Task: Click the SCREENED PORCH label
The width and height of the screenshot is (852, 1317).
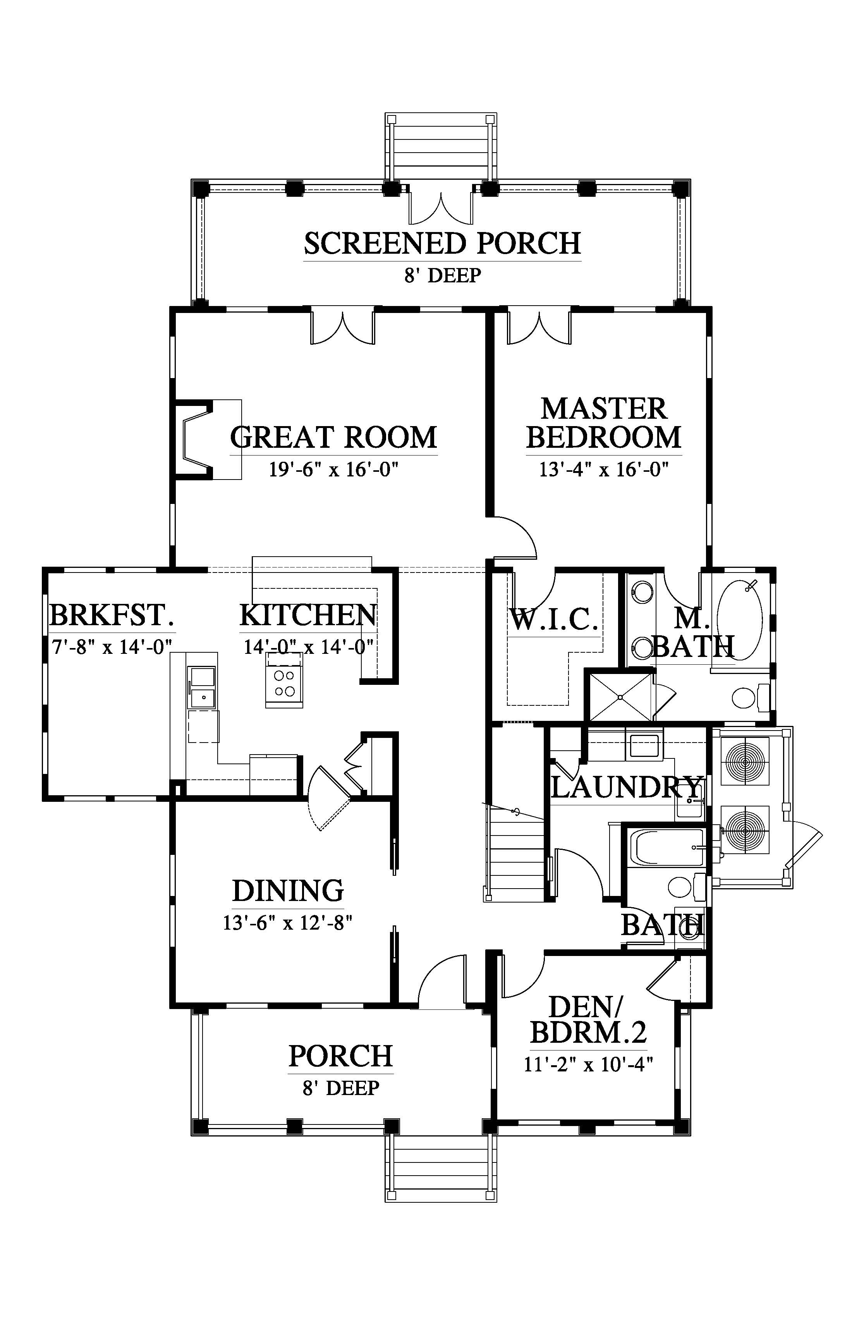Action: pos(442,244)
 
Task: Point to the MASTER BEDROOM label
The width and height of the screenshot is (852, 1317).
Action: pos(604,423)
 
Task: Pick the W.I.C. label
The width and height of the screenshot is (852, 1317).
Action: pos(553,619)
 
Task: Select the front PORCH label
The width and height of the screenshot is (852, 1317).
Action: pos(341,1056)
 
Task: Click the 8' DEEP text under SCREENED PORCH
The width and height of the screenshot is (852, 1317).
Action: pos(442,275)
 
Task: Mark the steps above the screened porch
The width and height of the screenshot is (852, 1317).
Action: pos(441,147)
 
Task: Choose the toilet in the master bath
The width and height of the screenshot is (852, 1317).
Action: pos(747,698)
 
